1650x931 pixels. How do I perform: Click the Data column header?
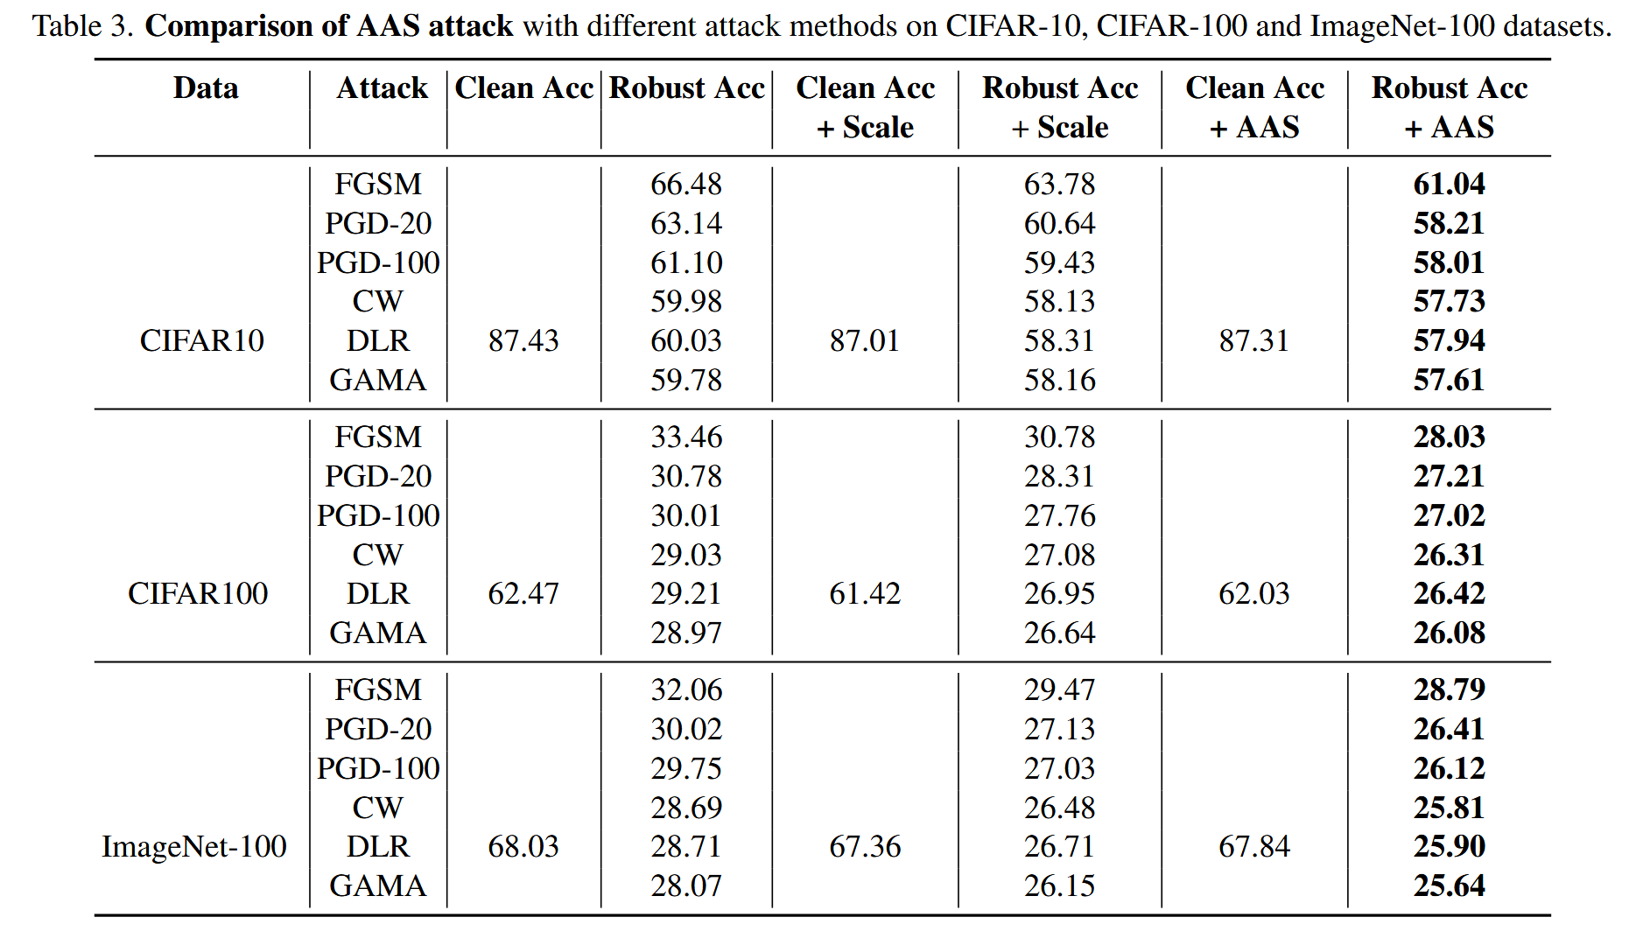(x=206, y=88)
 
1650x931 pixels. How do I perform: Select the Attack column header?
(x=382, y=88)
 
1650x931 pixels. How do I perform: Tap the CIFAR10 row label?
(x=201, y=340)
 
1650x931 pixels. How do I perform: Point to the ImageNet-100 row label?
(x=194, y=846)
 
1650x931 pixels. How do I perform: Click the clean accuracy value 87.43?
(x=523, y=340)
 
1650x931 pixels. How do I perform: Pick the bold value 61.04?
(x=1449, y=184)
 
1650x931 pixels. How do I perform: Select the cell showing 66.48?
(x=686, y=184)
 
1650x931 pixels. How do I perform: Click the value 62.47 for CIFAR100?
(x=523, y=593)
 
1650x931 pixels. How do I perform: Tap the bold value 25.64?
(x=1449, y=885)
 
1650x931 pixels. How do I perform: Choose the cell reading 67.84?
(x=1253, y=846)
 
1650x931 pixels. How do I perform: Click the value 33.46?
(x=686, y=437)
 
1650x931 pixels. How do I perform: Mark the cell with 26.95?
(x=1059, y=593)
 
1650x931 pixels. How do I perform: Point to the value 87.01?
(x=865, y=340)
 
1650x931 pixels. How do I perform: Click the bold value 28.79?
(x=1449, y=689)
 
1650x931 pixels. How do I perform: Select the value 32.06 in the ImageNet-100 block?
(x=686, y=689)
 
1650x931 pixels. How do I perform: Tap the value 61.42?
(x=865, y=593)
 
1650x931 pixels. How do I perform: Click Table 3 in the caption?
(x=82, y=26)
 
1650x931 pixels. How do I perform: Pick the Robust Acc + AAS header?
(x=1449, y=107)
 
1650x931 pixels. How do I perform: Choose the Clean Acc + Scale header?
(x=865, y=107)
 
